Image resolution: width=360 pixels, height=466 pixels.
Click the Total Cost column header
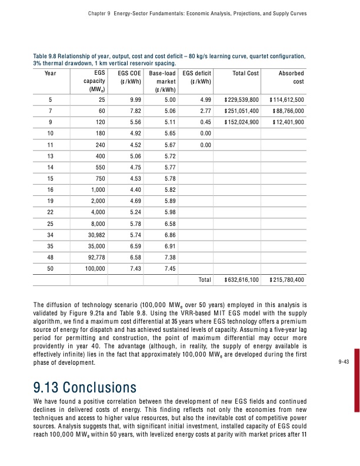pyautogui.click(x=246, y=73)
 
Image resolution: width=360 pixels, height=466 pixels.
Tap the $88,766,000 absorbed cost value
pyautogui.click(x=286, y=110)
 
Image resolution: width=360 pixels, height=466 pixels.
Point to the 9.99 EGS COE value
pyautogui.click(x=135, y=99)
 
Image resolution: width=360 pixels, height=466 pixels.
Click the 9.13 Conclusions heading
pyautogui.click(x=86, y=388)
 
